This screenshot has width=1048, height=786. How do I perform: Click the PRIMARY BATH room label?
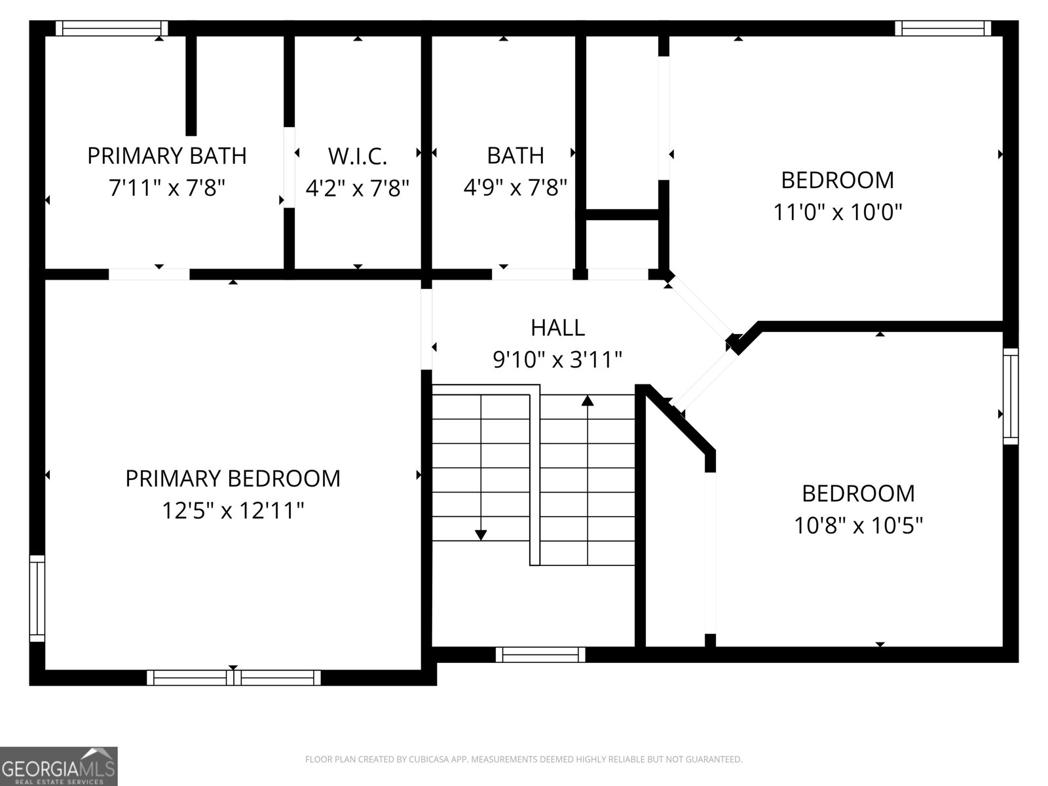pyautogui.click(x=166, y=156)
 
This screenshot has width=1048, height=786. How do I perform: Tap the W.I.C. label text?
pyautogui.click(x=358, y=156)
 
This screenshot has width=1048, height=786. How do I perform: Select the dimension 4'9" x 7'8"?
pyautogui.click(x=515, y=188)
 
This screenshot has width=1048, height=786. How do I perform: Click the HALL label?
pyautogui.click(x=557, y=327)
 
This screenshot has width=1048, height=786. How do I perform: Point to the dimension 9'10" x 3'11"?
pyautogui.click(x=557, y=359)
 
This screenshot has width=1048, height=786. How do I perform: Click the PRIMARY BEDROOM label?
pyautogui.click(x=233, y=478)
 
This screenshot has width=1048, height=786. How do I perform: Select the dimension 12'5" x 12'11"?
pyautogui.click(x=233, y=510)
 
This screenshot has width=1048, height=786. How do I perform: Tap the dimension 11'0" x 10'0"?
pyautogui.click(x=837, y=212)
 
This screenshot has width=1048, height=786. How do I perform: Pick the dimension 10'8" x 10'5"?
pyautogui.click(x=858, y=525)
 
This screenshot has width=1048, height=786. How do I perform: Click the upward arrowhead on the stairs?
pyautogui.click(x=588, y=400)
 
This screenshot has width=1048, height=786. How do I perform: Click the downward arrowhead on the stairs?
pyautogui.click(x=481, y=534)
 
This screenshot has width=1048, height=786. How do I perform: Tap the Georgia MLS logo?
pyautogui.click(x=59, y=766)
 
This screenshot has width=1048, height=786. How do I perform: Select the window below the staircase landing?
pyautogui.click(x=540, y=654)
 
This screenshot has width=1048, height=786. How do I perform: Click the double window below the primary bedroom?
pyautogui.click(x=234, y=677)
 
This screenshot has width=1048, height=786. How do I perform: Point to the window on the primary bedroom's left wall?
pyautogui.click(x=37, y=599)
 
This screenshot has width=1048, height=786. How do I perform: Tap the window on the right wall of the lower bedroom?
pyautogui.click(x=1011, y=396)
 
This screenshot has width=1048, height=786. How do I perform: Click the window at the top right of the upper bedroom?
pyautogui.click(x=943, y=28)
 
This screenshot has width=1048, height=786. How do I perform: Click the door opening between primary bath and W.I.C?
pyautogui.click(x=289, y=167)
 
